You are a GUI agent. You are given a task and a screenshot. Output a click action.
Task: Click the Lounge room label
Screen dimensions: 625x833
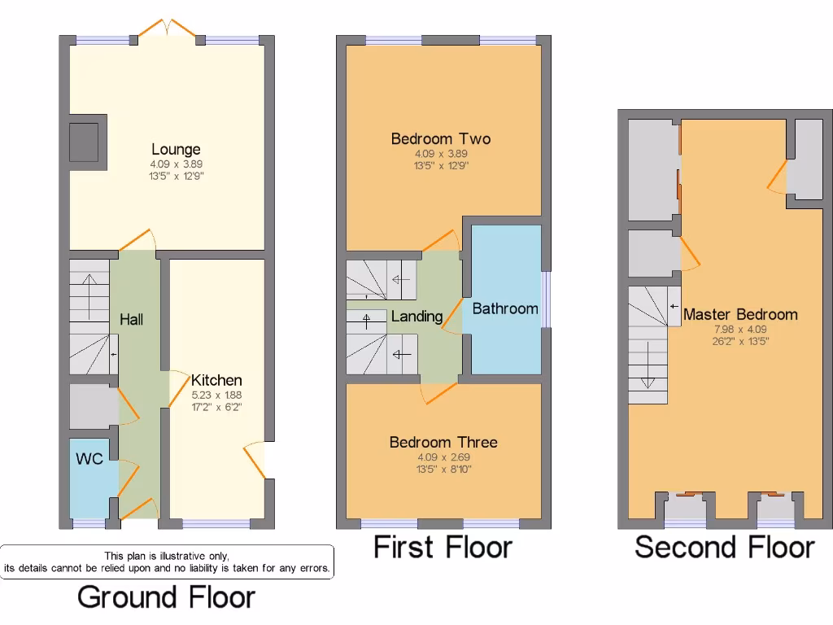tap(176, 150)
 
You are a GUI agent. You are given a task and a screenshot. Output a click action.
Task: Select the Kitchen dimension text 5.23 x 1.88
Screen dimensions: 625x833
tap(216, 394)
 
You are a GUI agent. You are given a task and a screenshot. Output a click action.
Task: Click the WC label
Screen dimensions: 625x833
tap(89, 459)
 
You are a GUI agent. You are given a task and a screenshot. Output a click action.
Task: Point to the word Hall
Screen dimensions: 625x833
tap(131, 319)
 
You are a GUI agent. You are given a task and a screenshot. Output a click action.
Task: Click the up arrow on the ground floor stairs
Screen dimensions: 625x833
tap(87, 289)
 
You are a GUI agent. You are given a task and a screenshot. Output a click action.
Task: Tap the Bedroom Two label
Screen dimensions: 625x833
tap(441, 139)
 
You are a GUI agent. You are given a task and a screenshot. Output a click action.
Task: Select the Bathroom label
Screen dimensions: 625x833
tap(505, 308)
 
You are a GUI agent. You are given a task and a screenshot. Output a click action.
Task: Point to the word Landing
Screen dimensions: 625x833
tap(416, 317)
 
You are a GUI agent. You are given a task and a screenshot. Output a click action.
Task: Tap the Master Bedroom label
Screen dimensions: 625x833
tap(740, 315)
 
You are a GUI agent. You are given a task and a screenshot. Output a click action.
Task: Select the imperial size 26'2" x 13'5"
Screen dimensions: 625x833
tap(740, 341)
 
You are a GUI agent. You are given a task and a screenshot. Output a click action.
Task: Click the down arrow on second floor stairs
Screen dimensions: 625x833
tap(649, 365)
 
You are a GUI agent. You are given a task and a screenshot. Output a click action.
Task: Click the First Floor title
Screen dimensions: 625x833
tap(443, 547)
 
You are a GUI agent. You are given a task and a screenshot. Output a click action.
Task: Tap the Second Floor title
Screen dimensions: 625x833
tap(724, 547)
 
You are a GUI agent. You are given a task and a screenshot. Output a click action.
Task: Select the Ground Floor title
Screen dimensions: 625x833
tap(166, 597)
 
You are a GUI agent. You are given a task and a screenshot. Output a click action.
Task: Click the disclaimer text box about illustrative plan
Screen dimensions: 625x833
tap(167, 562)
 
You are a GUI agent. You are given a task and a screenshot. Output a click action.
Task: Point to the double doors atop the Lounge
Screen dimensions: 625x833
tap(167, 29)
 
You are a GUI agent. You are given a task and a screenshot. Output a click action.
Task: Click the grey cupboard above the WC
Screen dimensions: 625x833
tap(90, 406)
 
